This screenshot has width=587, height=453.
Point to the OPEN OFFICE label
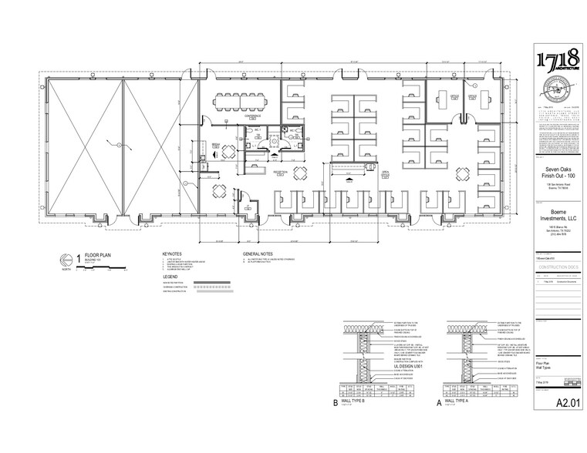[x=384, y=173]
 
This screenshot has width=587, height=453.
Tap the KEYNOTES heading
[x=171, y=252]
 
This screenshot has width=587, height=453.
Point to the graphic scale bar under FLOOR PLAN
[x=96, y=270]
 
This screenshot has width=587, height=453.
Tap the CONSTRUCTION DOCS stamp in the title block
[x=558, y=266]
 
